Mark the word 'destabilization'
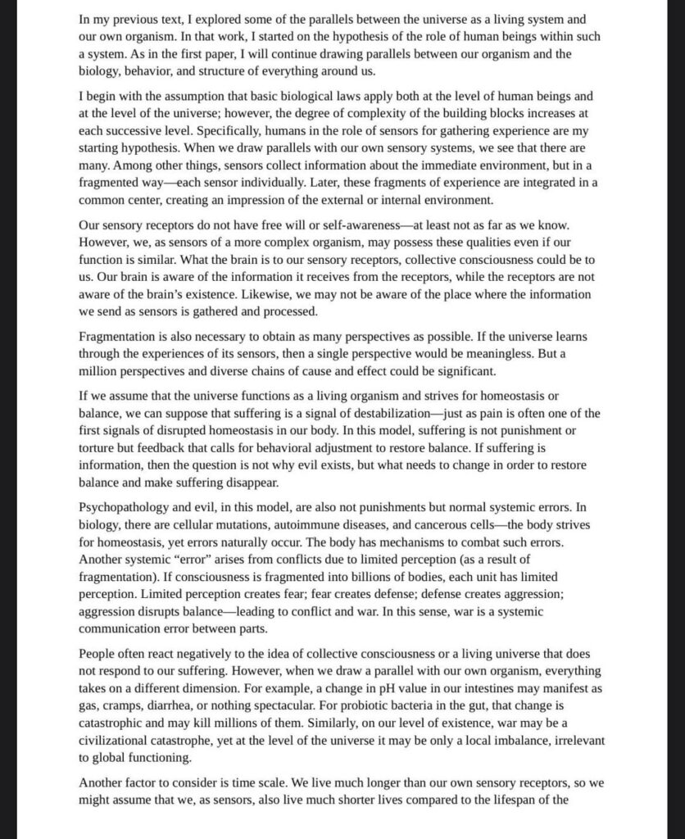click(391, 414)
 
